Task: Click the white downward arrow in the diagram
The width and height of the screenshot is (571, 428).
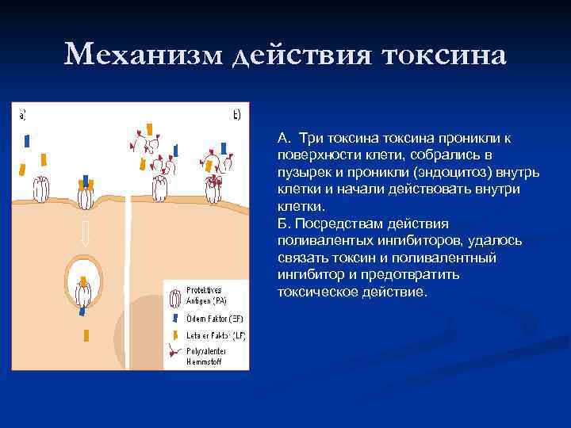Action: [x=84, y=232]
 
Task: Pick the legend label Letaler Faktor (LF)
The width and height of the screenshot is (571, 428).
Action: [x=215, y=335]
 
